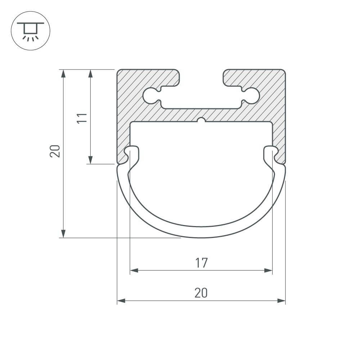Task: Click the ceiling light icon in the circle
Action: [31, 31]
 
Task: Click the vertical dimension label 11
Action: [83, 117]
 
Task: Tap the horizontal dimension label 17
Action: [201, 263]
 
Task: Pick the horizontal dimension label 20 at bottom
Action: [201, 293]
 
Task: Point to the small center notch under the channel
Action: [201, 120]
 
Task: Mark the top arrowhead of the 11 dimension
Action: [90, 73]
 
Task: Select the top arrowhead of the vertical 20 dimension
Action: [63, 73]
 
